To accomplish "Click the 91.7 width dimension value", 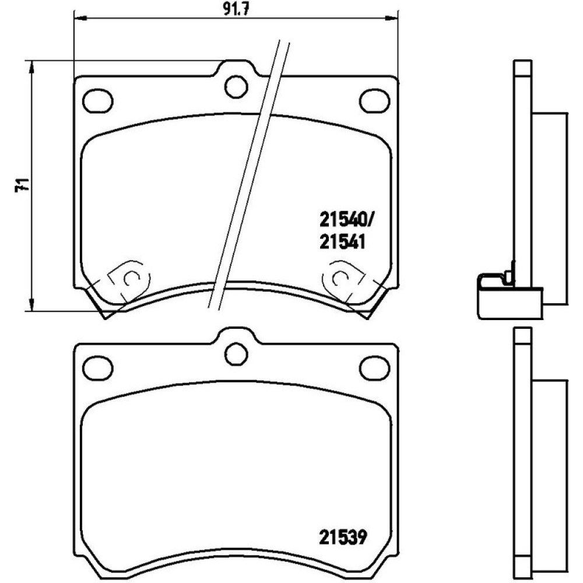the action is (236, 9).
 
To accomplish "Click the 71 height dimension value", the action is (23, 185).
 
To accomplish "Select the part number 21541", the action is (342, 243).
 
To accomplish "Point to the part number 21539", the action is (343, 537).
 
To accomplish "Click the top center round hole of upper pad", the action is (236, 87).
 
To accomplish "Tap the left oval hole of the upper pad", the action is (98, 100).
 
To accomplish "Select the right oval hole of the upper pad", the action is (374, 100).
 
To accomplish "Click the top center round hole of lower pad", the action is (236, 354).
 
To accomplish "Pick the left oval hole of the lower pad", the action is (98, 367).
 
